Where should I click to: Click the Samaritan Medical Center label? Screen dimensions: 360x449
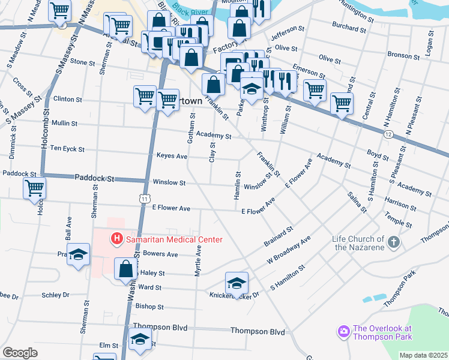pos(174,239)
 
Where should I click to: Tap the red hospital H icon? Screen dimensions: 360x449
pos(117,239)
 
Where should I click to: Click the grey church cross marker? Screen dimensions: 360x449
pos(393,242)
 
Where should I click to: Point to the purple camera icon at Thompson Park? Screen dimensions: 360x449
pos(343,331)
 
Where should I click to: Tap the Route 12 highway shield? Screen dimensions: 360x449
pos(389,134)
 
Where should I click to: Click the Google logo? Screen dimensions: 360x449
pos(20,353)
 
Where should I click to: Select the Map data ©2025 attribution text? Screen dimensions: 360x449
pos(423,355)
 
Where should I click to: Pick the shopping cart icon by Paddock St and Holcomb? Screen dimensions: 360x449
pos(34,188)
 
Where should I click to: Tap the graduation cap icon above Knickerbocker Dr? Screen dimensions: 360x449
pos(237,282)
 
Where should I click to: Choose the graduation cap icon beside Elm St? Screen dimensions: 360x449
pos(140,340)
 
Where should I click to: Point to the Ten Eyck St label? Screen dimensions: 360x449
pos(67,148)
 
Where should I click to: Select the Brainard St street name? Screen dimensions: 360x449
pos(279,237)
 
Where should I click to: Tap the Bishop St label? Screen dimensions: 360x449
pos(149,307)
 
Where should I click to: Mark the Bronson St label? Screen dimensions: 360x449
pos(403,55)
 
